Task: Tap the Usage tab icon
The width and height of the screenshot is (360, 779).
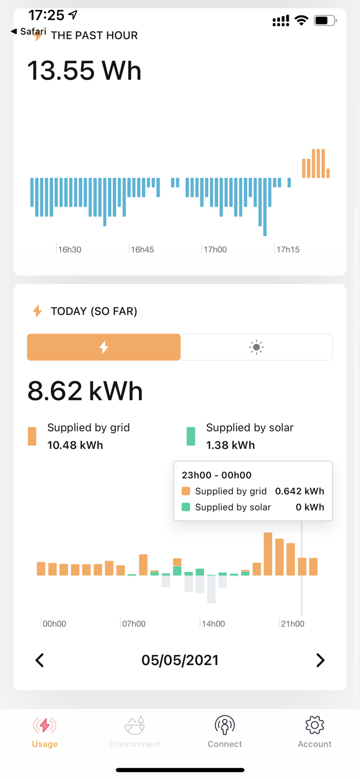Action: (45, 725)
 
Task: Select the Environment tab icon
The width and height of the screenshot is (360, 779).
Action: (135, 725)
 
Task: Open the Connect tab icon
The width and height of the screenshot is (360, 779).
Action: (224, 725)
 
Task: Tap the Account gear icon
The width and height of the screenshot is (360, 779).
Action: (314, 725)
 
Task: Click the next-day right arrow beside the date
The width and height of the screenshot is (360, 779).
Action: (320, 660)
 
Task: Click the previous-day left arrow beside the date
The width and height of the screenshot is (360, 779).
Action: (39, 660)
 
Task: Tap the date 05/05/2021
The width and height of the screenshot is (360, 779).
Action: (180, 660)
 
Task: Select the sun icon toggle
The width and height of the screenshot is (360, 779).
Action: (256, 347)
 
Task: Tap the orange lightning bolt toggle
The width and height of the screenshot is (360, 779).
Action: (104, 347)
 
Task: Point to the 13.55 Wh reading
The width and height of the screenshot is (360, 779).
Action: (84, 71)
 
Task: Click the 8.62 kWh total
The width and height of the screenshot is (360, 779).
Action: (85, 391)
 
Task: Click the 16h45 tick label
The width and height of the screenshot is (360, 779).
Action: (142, 250)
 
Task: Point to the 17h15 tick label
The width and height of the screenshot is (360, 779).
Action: (288, 250)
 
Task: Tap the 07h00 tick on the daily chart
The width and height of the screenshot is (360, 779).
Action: (134, 624)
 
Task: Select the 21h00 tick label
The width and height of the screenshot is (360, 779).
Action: (292, 624)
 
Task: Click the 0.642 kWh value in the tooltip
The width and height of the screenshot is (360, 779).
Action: (299, 491)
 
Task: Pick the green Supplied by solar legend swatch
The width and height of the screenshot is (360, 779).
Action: (191, 436)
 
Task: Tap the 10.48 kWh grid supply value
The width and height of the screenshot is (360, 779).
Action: (75, 445)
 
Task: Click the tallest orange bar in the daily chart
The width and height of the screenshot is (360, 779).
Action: (268, 554)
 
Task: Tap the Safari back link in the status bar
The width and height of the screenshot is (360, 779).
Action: (29, 32)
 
